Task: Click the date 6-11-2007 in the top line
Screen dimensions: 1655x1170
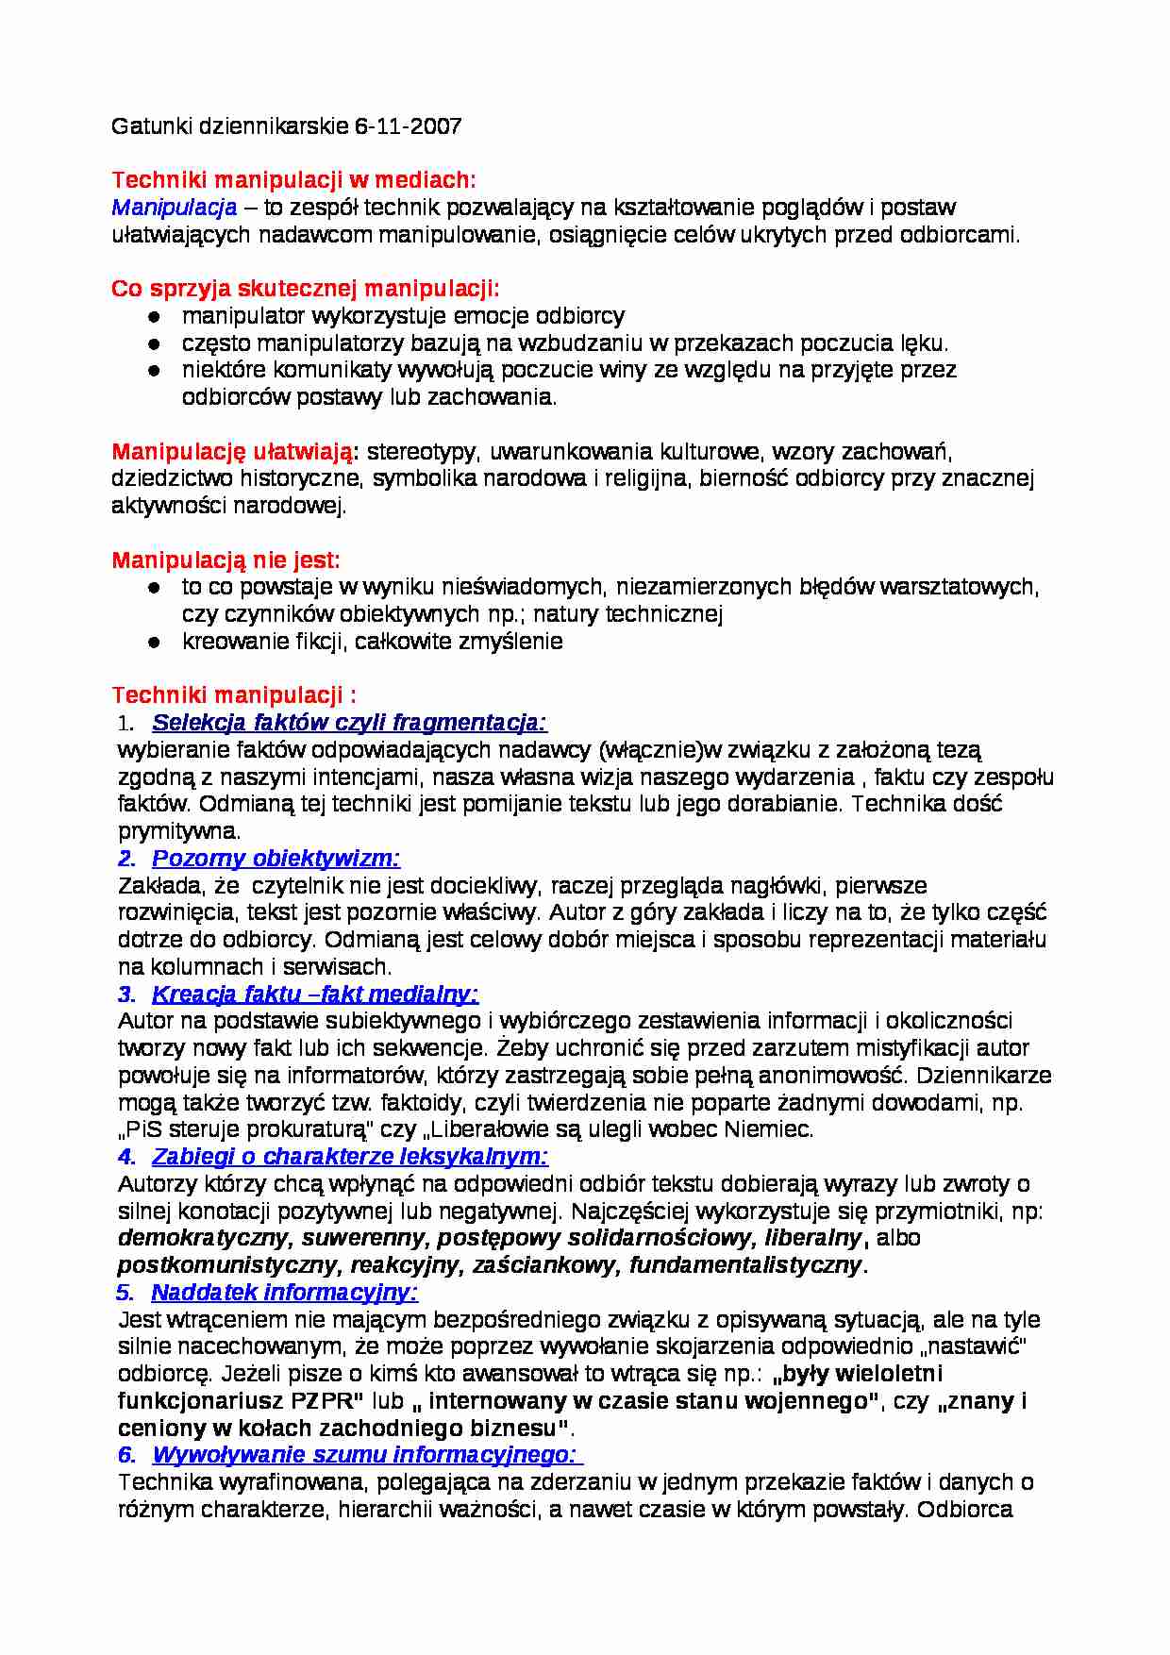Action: click(x=408, y=126)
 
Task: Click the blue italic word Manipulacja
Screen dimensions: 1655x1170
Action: click(x=174, y=208)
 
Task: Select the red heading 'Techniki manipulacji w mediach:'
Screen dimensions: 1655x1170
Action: click(x=293, y=180)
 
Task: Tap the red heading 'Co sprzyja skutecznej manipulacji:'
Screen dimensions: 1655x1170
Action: click(x=305, y=289)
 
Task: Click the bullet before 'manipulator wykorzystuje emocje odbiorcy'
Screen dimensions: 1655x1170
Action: click(x=154, y=317)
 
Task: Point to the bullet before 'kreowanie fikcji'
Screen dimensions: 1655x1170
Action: click(x=154, y=643)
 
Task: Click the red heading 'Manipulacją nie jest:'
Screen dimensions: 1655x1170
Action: click(x=226, y=560)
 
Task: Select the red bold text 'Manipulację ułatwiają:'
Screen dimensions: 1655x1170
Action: click(x=234, y=452)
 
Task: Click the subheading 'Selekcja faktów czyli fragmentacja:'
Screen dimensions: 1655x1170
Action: click(x=349, y=723)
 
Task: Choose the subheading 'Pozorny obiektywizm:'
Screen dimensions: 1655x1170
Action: click(x=276, y=859)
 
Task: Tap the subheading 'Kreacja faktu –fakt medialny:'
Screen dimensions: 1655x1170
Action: click(x=314, y=995)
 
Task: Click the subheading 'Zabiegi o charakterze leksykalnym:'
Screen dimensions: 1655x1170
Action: click(x=349, y=1157)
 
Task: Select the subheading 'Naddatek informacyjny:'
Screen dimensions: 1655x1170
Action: click(x=284, y=1293)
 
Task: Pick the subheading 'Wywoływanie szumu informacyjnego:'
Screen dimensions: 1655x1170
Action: click(x=366, y=1455)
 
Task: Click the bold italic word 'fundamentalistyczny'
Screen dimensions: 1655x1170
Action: click(x=745, y=1265)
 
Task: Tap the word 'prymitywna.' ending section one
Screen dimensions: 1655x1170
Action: click(x=179, y=832)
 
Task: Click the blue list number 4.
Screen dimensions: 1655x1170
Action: click(x=125, y=1157)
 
